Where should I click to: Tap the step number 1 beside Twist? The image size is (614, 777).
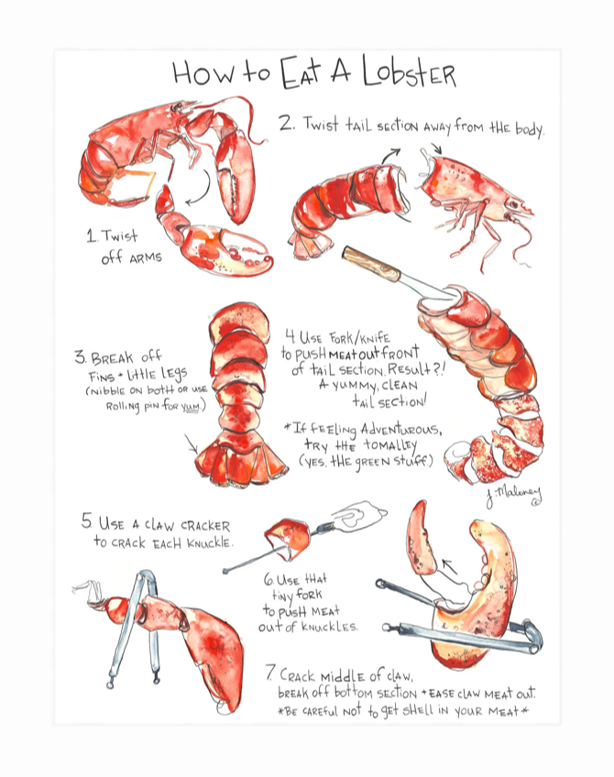91,236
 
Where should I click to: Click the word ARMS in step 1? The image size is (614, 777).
143,258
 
